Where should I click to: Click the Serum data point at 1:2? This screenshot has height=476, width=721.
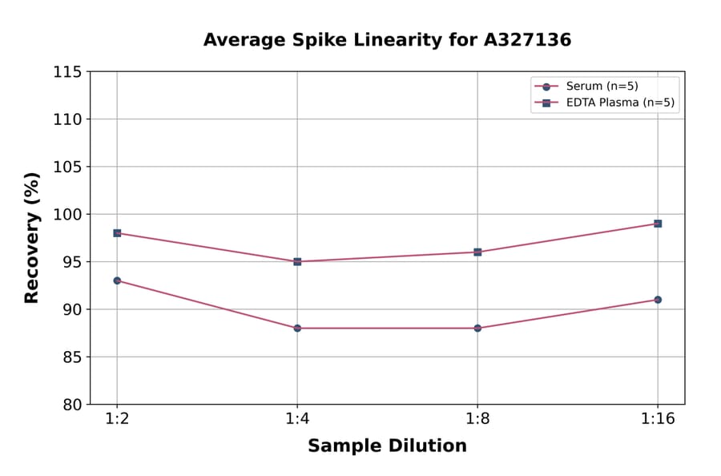click(117, 280)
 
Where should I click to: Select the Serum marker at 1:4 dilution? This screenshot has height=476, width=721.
click(297, 328)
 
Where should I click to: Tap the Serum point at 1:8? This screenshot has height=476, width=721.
click(477, 328)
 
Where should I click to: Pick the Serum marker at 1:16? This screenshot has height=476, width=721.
click(658, 300)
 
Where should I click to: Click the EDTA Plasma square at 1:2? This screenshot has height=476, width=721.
click(117, 233)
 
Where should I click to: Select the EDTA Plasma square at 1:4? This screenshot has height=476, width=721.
click(297, 261)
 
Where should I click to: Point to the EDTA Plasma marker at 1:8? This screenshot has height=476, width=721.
click(477, 252)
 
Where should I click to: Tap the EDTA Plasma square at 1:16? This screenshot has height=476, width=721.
click(658, 224)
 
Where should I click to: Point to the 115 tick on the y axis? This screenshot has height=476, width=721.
click(67, 72)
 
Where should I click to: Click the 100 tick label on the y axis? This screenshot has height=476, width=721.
click(67, 215)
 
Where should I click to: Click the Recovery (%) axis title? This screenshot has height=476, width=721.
click(32, 238)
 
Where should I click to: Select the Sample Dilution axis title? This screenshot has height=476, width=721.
click(387, 446)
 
